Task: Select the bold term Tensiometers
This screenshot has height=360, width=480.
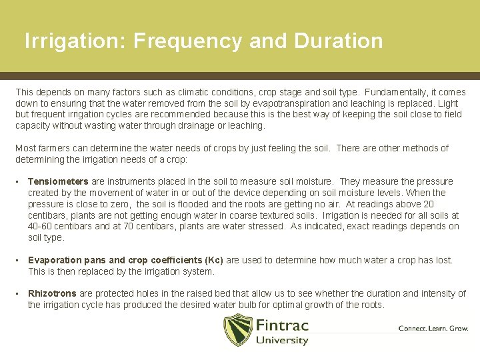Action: click(x=58, y=181)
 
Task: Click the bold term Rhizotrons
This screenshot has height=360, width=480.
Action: click(x=53, y=293)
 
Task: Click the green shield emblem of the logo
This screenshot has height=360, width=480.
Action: click(x=237, y=330)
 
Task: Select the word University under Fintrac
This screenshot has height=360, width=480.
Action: click(x=282, y=341)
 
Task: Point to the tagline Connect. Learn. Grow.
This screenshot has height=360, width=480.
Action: click(x=433, y=328)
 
